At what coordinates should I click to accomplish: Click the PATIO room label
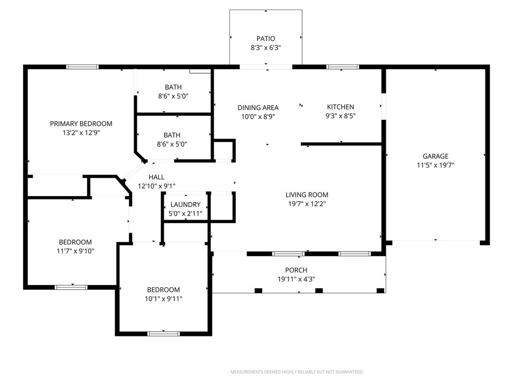[266, 39]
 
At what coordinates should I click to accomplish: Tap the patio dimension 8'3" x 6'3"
[266, 48]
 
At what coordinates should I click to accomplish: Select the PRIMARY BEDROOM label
[81, 124]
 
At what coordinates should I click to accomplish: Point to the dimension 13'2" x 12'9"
[81, 133]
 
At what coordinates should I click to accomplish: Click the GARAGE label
[435, 156]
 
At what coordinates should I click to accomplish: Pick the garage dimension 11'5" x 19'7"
[435, 165]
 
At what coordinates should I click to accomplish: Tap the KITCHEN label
[341, 107]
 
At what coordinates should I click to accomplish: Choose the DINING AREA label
[258, 107]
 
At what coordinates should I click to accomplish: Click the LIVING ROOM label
[307, 195]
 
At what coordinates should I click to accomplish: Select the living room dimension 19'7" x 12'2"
[307, 204]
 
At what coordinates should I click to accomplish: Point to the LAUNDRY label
[185, 205]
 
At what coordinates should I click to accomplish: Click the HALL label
[156, 177]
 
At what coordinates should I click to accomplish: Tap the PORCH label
[296, 270]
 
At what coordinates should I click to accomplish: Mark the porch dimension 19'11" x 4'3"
[296, 279]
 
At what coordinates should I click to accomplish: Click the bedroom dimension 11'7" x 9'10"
[75, 251]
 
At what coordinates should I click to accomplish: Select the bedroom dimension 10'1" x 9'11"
[163, 299]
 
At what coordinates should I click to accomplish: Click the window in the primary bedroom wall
[83, 67]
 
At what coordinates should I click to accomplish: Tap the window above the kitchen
[343, 67]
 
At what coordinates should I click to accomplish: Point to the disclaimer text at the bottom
[297, 372]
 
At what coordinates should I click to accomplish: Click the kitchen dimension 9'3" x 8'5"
[341, 116]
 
